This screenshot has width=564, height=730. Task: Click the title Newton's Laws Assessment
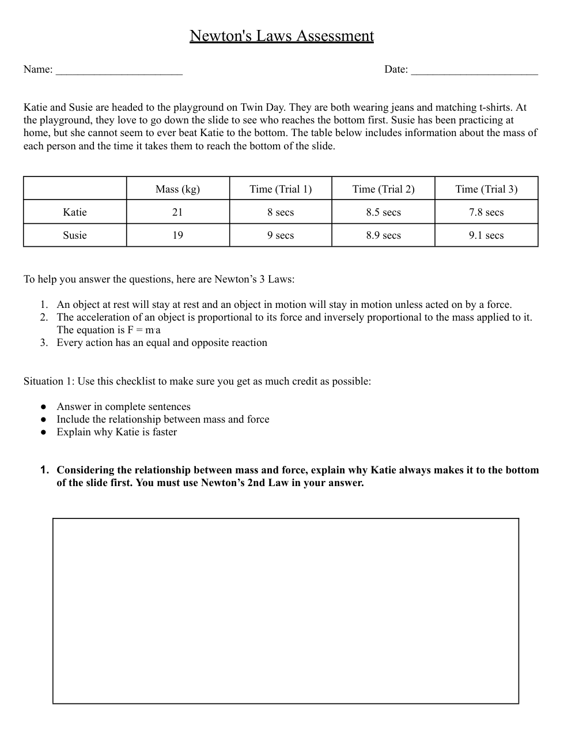282,36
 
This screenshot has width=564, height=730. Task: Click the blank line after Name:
119,70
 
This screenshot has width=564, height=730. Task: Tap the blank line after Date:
474,70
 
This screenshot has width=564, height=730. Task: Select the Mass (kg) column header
177,189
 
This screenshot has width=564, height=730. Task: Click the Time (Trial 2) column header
383,189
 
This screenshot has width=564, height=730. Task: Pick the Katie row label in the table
75,212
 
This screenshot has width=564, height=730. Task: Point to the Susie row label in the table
75,235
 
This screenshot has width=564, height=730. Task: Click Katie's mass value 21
177,212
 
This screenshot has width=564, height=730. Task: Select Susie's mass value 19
177,235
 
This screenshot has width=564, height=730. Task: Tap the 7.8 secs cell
486,212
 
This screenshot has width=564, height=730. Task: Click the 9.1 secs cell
486,235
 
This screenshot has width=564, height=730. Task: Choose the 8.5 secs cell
383,212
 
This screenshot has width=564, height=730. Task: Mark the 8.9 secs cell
383,235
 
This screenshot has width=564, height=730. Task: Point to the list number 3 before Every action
44,343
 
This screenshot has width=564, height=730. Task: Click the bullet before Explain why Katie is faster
43,432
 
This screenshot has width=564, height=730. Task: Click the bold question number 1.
44,470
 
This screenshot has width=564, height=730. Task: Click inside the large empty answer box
286,611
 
